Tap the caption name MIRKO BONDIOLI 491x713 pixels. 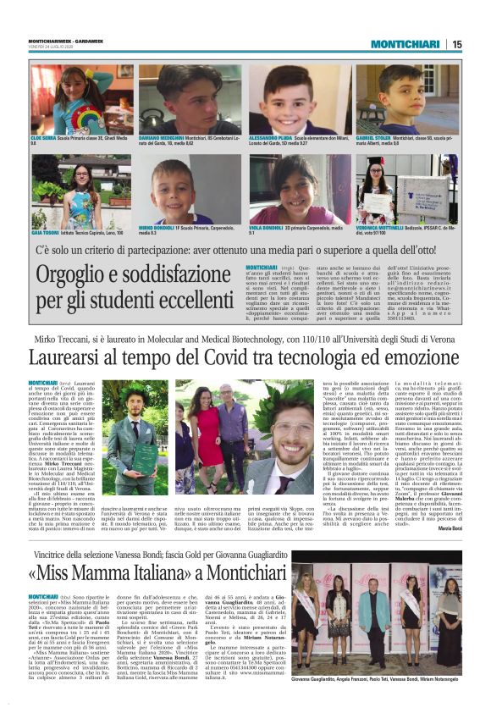[x=170, y=229]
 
